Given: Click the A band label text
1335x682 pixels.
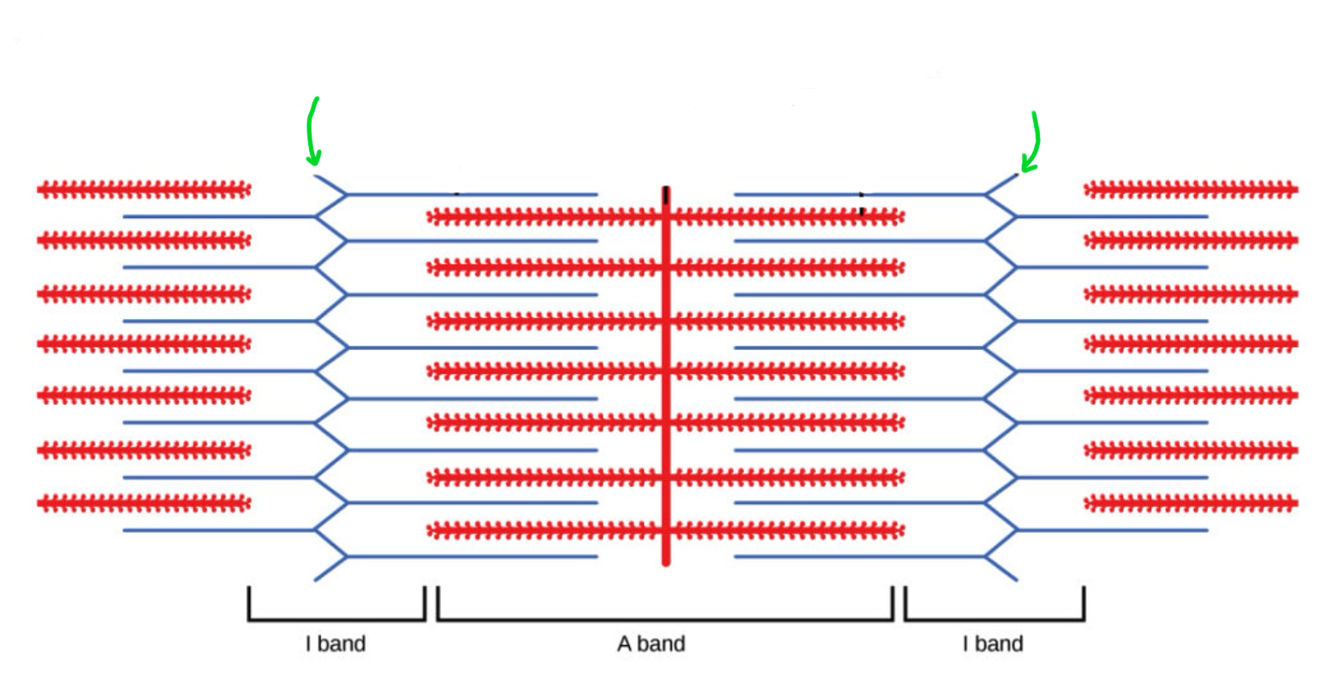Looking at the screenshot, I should pyautogui.click(x=651, y=643).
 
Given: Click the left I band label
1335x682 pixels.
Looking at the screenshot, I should pyautogui.click(x=335, y=643).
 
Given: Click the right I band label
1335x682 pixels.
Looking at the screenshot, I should pyautogui.click(x=993, y=643).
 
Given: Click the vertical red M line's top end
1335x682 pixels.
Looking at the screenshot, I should pyautogui.click(x=666, y=190).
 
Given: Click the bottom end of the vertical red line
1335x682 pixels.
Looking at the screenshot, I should pyautogui.click(x=666, y=562).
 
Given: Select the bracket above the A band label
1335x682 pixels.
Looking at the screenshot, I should pyautogui.click(x=665, y=619).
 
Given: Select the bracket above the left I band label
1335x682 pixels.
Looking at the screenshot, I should pyautogui.click(x=336, y=619).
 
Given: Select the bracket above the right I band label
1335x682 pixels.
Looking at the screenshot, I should pyautogui.click(x=995, y=619).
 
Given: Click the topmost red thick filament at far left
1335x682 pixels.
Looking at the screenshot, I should pyautogui.click(x=144, y=190).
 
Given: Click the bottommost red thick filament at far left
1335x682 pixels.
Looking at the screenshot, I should pyautogui.click(x=144, y=502).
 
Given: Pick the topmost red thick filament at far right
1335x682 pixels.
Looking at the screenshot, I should pyautogui.click(x=1191, y=190).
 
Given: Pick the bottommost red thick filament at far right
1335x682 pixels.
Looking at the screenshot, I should pyautogui.click(x=1191, y=502).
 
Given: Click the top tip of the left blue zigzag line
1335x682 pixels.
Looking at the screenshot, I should pyautogui.click(x=316, y=175).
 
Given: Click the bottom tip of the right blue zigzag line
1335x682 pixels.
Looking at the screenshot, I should pyautogui.click(x=1017, y=580).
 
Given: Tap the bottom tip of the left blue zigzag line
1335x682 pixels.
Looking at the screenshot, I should pyautogui.click(x=316, y=580).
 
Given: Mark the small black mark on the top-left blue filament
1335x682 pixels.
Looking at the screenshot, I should pyautogui.click(x=457, y=194).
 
